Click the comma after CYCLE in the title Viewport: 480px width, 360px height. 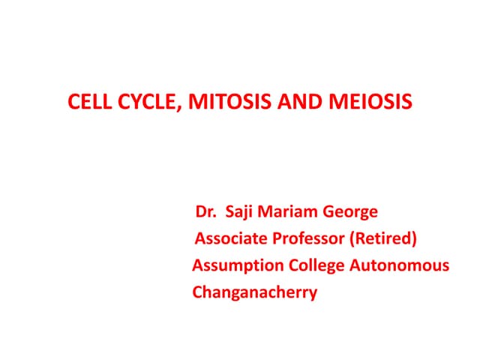coord(177,107)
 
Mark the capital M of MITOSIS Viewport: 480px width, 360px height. coord(192,102)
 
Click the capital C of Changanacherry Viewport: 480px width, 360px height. coord(198,292)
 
